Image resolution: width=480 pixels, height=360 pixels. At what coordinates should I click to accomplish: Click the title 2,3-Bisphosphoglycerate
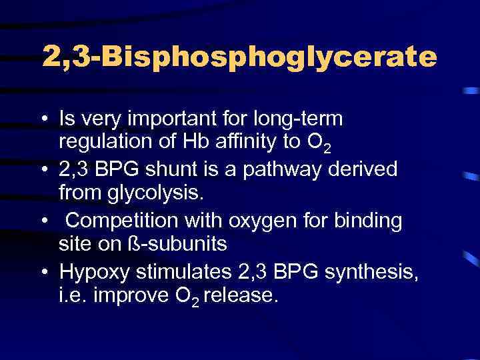tap(239, 57)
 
